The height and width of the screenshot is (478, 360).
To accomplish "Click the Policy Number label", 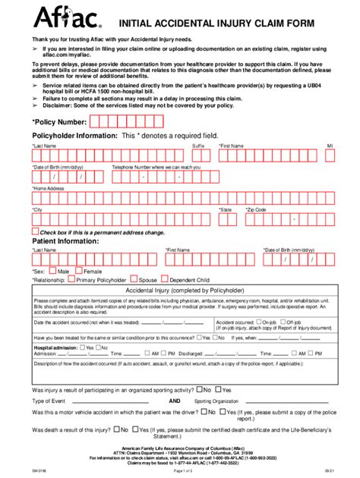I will (x=59, y=121).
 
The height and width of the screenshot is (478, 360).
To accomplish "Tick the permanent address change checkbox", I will (x=35, y=231).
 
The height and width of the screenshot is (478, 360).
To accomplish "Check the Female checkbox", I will (x=78, y=269).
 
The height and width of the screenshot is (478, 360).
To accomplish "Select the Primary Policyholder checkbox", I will (x=72, y=278).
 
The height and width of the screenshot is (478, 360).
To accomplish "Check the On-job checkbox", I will (x=260, y=321).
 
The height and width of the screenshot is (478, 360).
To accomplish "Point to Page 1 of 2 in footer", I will (x=179, y=472).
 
